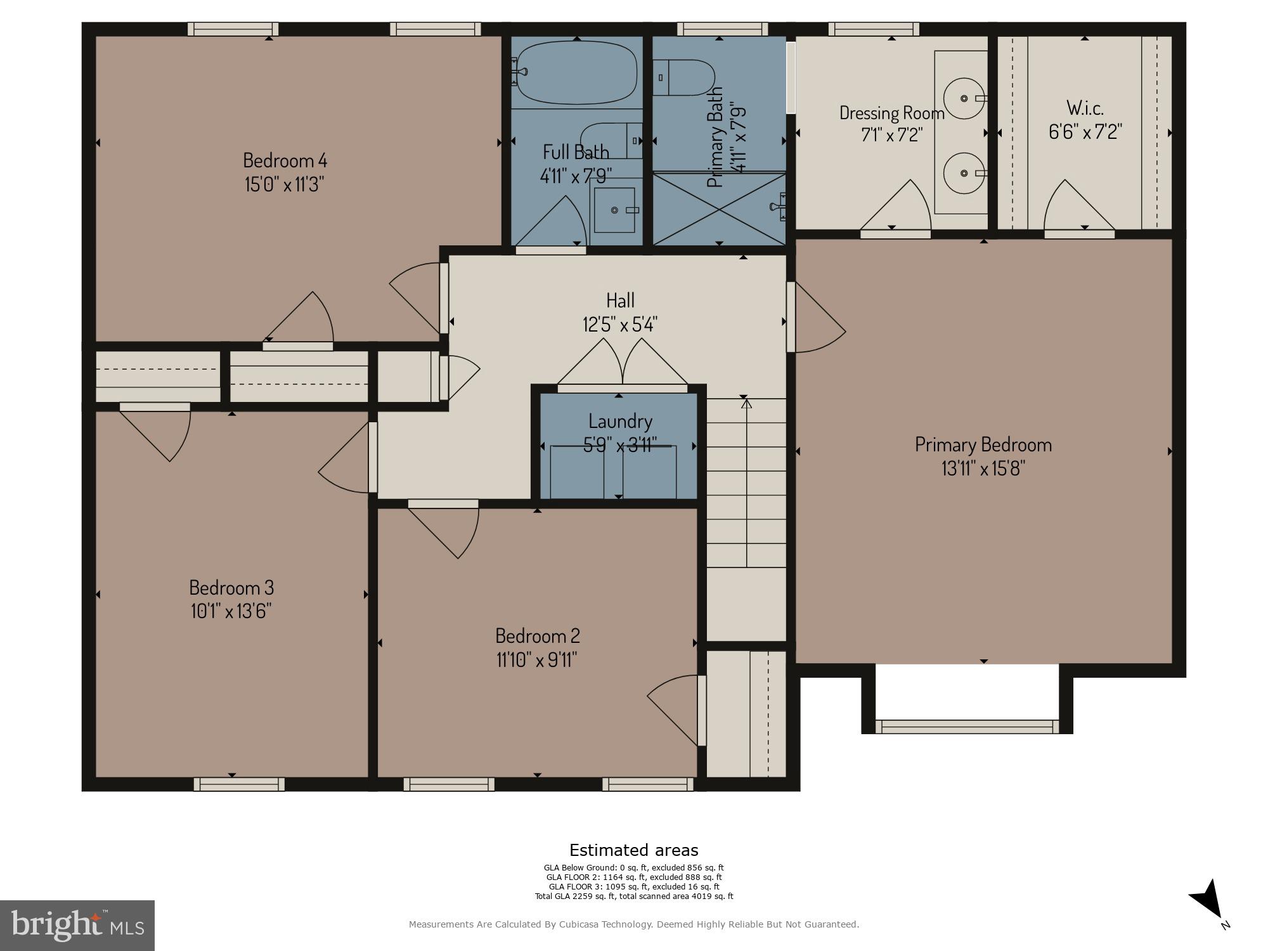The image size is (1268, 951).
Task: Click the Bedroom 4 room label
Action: click(285, 160)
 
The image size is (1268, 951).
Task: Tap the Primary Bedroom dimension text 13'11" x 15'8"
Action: click(983, 469)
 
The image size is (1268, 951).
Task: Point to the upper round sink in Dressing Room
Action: click(964, 98)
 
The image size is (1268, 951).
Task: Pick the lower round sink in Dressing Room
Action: click(964, 173)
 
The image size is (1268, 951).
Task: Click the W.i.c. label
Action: click(1085, 108)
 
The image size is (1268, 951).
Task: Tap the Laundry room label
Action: click(620, 421)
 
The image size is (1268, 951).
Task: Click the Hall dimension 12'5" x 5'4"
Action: click(620, 325)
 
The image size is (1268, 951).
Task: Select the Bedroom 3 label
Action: click(231, 586)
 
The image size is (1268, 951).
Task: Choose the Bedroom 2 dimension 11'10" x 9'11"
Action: click(537, 660)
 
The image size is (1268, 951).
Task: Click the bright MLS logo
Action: click(77, 925)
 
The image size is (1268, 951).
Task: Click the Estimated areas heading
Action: click(633, 850)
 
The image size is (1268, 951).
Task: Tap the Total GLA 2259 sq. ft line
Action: click(633, 896)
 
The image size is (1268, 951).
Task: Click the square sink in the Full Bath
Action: click(614, 210)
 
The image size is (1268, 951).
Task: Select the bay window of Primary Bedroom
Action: click(967, 727)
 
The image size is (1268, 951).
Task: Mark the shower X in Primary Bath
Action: click(719, 209)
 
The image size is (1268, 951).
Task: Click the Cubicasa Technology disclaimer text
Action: click(633, 924)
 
